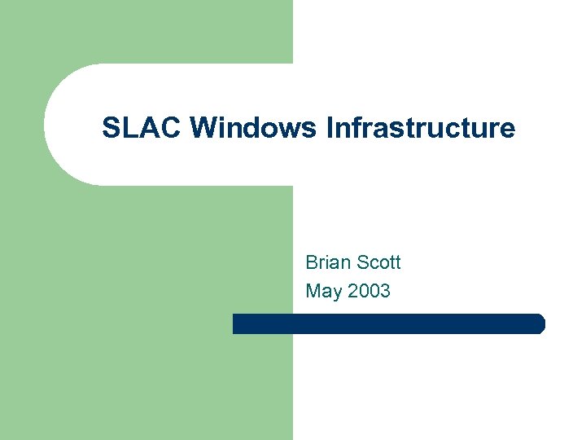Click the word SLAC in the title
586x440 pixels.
point(142,128)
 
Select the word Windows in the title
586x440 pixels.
point(254,128)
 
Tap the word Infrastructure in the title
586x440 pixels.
point(420,128)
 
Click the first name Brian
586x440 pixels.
point(327,262)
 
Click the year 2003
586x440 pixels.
point(369,291)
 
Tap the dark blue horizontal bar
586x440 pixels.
point(388,323)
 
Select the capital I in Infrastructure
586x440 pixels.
point(330,128)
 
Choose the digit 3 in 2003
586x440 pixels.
point(385,291)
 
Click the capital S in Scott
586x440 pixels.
point(361,262)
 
